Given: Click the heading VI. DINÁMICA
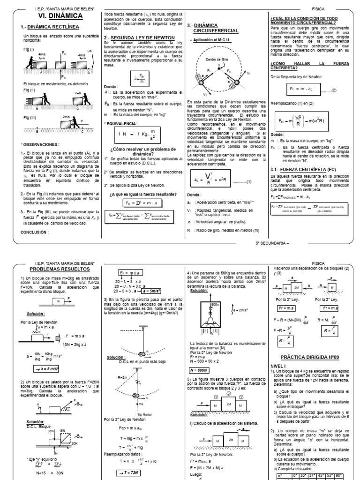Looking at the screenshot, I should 60,16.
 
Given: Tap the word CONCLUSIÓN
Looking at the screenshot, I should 36,232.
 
